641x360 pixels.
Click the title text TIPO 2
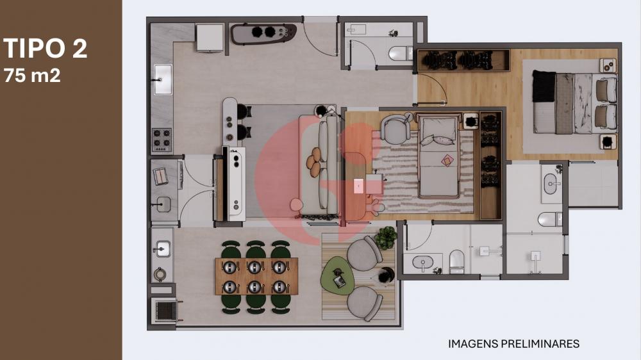click(46, 48)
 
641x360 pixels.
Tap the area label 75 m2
click(32, 75)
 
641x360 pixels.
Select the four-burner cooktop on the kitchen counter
click(162, 140)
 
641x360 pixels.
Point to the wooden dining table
click(256, 276)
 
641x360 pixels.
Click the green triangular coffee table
click(338, 275)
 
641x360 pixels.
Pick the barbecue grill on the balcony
click(166, 311)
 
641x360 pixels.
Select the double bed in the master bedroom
click(574, 102)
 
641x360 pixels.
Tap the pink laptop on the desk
click(358, 186)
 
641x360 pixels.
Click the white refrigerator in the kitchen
click(210, 38)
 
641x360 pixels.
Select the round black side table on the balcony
click(385, 276)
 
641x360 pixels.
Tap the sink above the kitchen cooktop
click(163, 79)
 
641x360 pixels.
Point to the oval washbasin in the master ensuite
click(552, 184)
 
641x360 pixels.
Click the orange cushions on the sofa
click(314, 163)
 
